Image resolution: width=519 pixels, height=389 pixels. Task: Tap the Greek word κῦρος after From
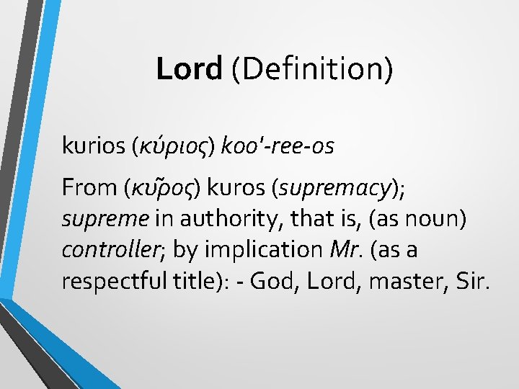pos(166,188)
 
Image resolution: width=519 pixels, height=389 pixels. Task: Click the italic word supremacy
pos(330,188)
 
